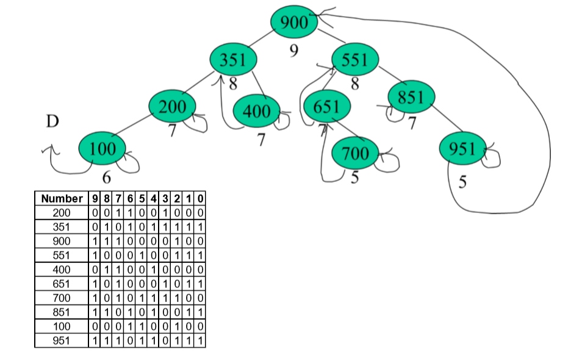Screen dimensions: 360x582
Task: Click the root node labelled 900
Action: (295, 23)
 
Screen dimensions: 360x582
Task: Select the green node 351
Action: (232, 59)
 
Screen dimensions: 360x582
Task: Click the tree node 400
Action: (257, 112)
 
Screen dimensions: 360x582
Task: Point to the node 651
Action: (326, 107)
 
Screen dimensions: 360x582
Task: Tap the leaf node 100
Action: (102, 148)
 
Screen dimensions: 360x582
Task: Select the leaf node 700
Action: (355, 153)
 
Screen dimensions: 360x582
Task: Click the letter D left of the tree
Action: (52, 121)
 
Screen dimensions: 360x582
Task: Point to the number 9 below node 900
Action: (293, 51)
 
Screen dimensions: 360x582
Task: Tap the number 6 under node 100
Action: (106, 178)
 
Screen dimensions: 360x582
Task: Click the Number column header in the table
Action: (62, 198)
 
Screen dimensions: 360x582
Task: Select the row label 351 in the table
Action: (62, 226)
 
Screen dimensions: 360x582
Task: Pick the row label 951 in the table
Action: (62, 340)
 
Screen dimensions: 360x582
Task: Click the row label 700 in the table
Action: (62, 298)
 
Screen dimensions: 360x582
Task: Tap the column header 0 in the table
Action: (200, 198)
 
